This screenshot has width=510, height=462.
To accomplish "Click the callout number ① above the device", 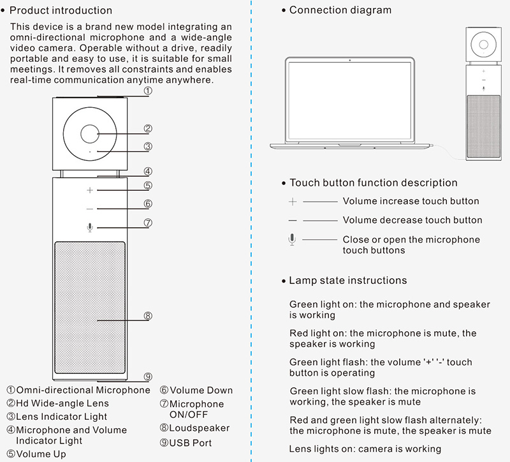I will click(147, 91).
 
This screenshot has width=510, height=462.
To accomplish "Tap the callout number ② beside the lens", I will click(147, 128).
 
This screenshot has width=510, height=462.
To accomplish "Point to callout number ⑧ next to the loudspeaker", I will click(147, 316).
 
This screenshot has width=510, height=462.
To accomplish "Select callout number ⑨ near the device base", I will click(147, 376).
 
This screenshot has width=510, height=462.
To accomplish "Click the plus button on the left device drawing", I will click(90, 190).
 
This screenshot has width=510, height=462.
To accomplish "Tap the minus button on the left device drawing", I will click(90, 209).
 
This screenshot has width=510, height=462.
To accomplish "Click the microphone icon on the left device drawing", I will click(90, 227).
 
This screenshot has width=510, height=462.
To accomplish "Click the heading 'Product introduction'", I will click(61, 10).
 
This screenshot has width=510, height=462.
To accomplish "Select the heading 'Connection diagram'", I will click(340, 10).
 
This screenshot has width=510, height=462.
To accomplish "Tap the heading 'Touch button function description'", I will click(373, 183).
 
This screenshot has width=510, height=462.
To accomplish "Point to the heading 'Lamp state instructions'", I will click(347, 280).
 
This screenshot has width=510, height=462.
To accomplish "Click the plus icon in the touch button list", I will click(293, 202).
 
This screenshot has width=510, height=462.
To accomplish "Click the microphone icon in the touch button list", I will click(293, 239).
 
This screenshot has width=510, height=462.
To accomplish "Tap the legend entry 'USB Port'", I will click(186, 443).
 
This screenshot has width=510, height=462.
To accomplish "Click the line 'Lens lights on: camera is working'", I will click(365, 449).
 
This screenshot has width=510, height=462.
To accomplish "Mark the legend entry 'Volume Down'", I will click(196, 390).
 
